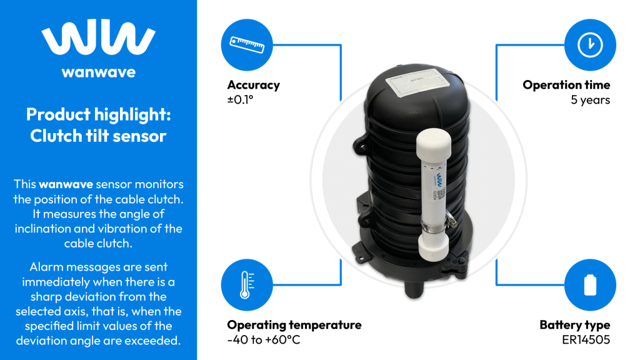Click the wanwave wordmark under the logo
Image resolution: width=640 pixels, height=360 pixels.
98,72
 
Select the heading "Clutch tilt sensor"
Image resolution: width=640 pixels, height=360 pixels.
98,136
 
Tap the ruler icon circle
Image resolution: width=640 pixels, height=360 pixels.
248,44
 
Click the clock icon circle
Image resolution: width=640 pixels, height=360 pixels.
590,44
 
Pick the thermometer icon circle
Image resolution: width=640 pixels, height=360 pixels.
248,285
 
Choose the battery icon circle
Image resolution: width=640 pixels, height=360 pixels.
590,285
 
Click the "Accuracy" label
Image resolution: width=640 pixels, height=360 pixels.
253,85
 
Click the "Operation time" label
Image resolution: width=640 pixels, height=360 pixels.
566,85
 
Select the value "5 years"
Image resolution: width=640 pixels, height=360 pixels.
590,100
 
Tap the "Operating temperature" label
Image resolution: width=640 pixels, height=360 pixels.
294,325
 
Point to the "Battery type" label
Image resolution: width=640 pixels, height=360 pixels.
574,325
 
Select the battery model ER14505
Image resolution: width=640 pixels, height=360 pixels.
586,340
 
